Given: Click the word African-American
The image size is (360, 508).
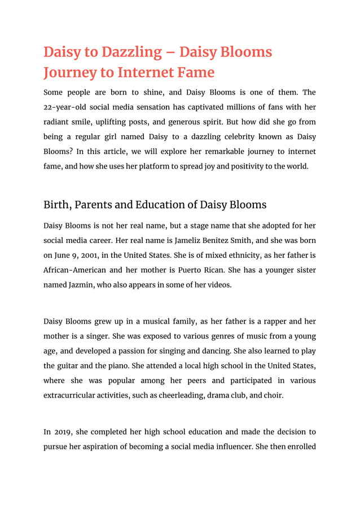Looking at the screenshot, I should pos(80,270).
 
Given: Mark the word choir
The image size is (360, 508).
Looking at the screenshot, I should pos(271,395).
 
